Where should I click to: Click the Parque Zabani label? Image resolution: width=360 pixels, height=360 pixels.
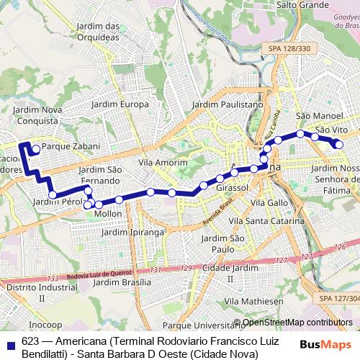tap(65, 145)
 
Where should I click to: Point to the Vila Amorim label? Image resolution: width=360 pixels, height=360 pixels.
tap(162, 163)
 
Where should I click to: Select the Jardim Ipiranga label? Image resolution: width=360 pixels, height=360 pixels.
tap(132, 233)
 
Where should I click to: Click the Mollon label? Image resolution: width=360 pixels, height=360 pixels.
tap(108, 214)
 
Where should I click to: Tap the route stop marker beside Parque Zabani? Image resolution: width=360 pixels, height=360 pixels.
tap(36, 149)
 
